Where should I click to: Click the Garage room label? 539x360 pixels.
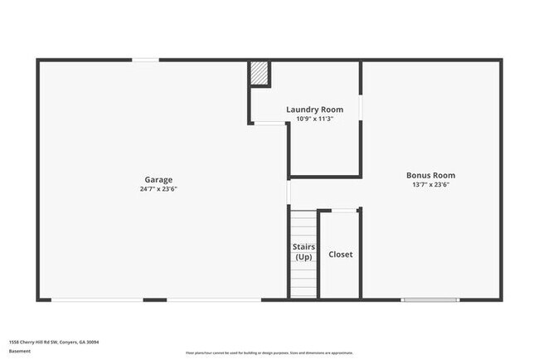click(158, 179)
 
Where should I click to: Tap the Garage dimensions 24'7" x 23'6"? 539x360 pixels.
click(158, 189)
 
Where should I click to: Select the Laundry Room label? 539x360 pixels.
click(314, 109)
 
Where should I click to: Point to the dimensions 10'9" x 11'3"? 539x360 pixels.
click(314, 119)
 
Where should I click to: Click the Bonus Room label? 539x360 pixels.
click(430, 175)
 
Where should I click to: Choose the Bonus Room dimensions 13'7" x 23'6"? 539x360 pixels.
click(430, 185)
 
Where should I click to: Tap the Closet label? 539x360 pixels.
click(340, 255)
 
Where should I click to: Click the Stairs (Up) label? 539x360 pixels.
click(303, 252)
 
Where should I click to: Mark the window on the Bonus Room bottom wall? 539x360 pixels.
click(430, 299)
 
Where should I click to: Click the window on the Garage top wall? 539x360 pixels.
click(147, 60)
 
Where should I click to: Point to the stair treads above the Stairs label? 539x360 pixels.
click(303, 224)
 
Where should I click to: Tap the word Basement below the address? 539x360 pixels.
click(20, 350)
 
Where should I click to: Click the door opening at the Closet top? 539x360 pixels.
click(345, 211)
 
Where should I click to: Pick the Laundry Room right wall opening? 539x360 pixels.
click(361, 108)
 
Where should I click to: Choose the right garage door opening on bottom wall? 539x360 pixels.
click(214, 299)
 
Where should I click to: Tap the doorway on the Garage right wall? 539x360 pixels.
click(289, 192)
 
